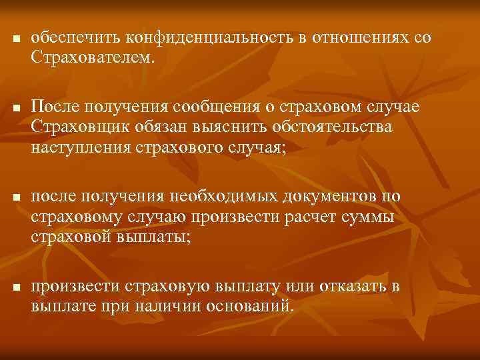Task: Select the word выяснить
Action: (x=224, y=127)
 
